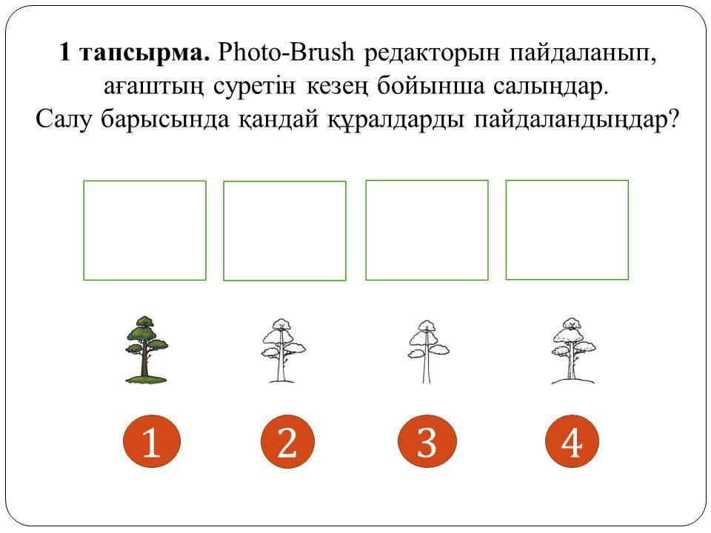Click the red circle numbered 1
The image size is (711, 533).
[x=152, y=441]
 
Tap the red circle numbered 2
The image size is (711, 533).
[x=287, y=441]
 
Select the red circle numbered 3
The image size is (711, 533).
[x=427, y=441]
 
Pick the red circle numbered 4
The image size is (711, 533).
[x=572, y=441]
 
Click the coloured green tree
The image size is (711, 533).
[x=146, y=349]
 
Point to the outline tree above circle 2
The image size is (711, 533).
[x=284, y=350]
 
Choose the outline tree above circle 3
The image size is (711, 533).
[x=428, y=351]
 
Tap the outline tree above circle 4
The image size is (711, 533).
[x=573, y=351]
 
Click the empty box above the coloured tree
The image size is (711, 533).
[x=144, y=182]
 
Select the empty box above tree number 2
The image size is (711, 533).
[x=284, y=182]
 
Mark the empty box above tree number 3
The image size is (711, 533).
[x=427, y=181]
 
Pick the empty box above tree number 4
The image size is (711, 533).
[x=567, y=181]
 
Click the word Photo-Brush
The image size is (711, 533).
[x=286, y=52]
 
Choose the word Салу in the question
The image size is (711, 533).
[x=63, y=119]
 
